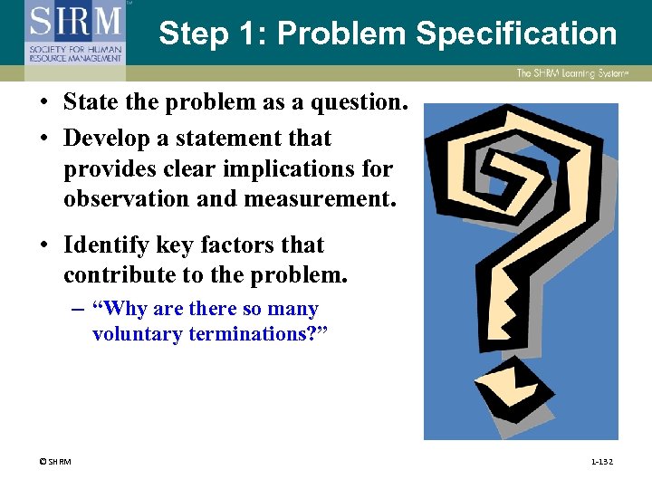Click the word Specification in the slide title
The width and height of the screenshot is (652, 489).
coord(516,34)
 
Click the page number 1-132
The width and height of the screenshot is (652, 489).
coord(601,462)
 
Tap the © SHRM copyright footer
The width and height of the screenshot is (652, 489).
coord(54,462)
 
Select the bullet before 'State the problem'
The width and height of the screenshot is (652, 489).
coord(43,103)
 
